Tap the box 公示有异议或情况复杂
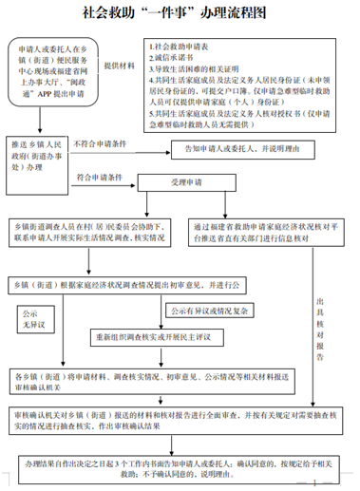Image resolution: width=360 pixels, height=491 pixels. click(x=211, y=311)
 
